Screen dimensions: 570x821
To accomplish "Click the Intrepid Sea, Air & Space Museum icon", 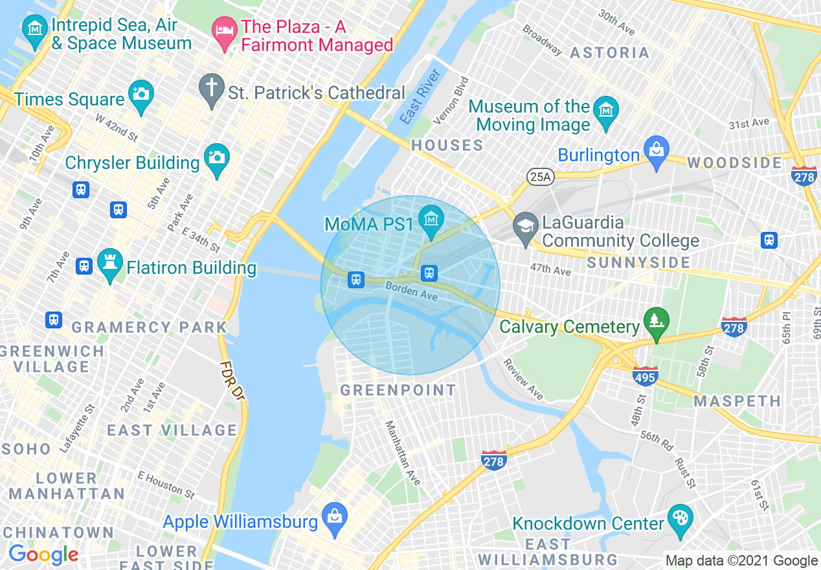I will (x=34, y=29).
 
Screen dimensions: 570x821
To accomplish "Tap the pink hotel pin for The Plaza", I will (x=224, y=32).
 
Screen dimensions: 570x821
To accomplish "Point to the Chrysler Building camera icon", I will (x=216, y=158).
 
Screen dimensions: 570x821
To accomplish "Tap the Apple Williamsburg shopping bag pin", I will (x=335, y=518).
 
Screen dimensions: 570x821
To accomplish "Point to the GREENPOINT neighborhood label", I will (x=398, y=390).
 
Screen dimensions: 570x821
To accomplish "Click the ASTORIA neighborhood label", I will (x=609, y=52).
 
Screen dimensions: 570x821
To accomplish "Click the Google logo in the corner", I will (x=43, y=554).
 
